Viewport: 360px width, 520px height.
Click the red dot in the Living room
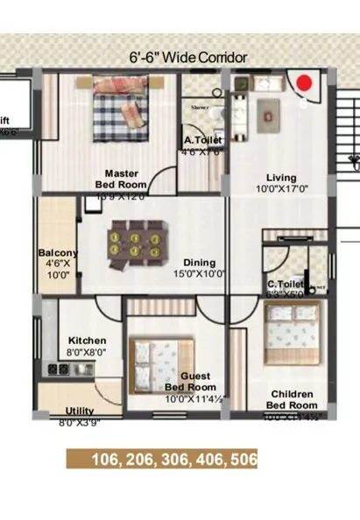(x=304, y=83)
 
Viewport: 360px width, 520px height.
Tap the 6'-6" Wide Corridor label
(x=188, y=58)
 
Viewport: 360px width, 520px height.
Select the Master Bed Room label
(x=123, y=179)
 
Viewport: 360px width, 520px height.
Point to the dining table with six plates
(x=138, y=242)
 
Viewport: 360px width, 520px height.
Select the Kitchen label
(x=88, y=341)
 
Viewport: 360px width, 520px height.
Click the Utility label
(x=80, y=411)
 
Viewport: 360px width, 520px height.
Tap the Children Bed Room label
(x=292, y=400)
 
